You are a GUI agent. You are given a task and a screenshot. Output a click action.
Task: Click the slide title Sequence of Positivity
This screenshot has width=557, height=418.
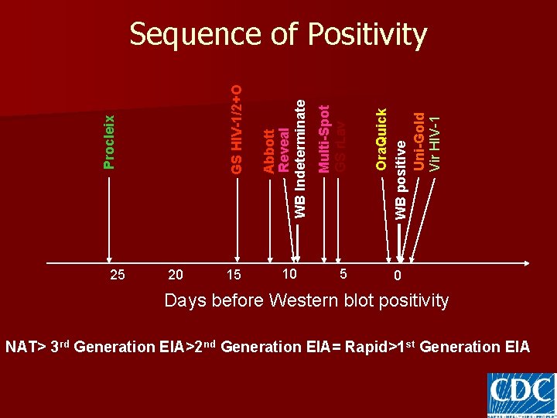click(278, 35)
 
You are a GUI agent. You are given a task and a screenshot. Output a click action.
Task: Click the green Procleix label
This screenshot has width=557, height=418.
click(110, 142)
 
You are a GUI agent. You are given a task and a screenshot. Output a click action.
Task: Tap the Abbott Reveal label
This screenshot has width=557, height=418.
click(276, 151)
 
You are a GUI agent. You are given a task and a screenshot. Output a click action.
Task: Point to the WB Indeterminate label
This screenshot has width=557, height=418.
click(301, 159)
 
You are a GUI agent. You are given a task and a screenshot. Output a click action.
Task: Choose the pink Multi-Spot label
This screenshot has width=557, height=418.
click(325, 139)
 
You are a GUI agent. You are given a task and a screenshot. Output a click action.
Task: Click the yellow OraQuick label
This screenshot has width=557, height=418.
click(381, 139)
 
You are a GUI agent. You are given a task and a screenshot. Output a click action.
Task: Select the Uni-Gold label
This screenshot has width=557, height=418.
click(419, 142)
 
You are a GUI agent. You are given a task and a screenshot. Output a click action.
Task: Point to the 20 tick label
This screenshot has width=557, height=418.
click(176, 275)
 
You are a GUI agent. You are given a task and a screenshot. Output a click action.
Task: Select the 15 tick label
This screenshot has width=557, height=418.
click(234, 275)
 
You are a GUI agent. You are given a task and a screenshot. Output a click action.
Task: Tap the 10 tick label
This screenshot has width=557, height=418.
click(289, 273)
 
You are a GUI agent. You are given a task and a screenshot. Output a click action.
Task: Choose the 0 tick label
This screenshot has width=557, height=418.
click(397, 276)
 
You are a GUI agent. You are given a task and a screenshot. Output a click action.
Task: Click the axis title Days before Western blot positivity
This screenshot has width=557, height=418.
click(306, 300)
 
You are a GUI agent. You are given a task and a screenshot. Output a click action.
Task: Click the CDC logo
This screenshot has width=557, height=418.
click(521, 394)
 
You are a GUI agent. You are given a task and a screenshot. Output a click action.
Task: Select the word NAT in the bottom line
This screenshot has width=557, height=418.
click(20, 347)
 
